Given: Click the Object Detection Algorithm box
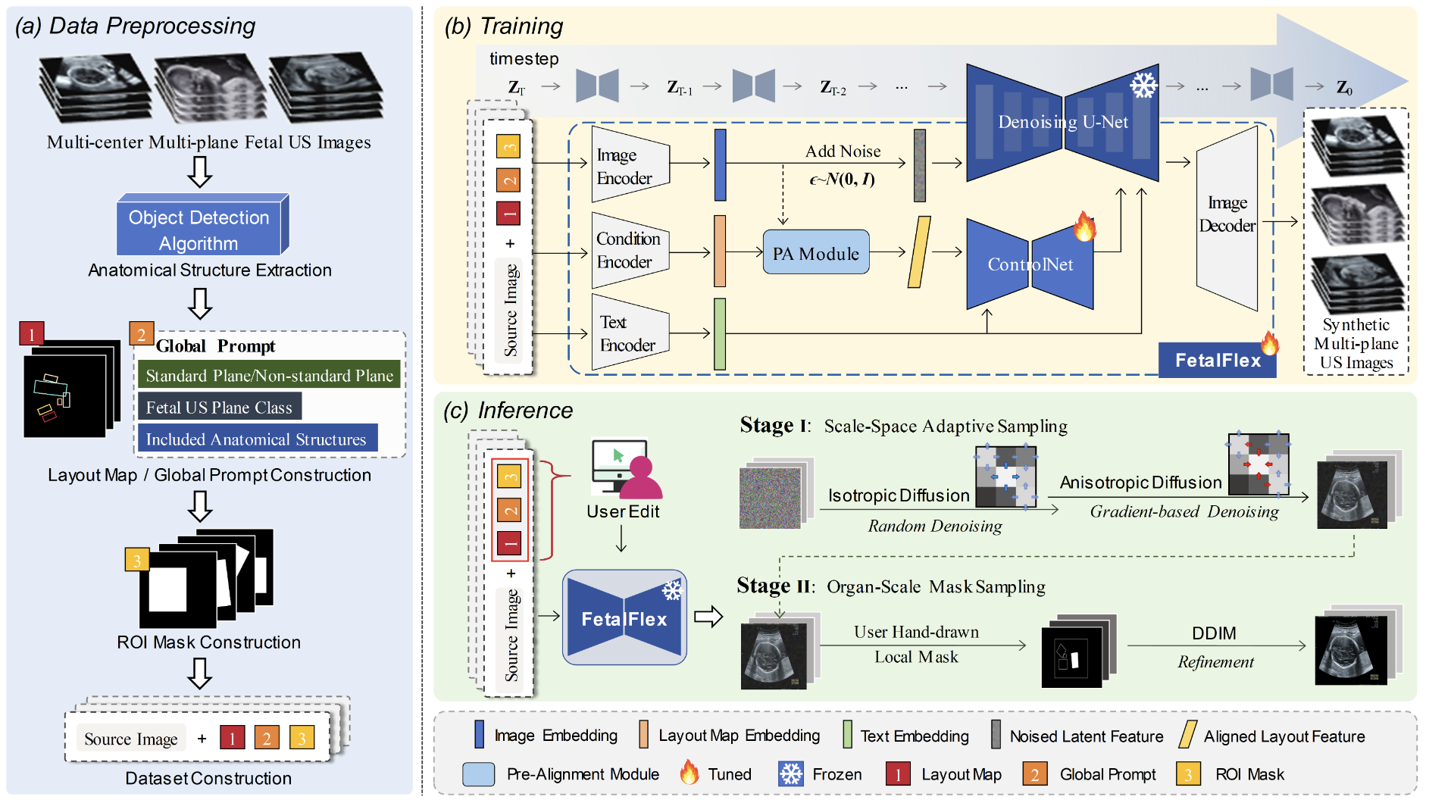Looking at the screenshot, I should pyautogui.click(x=199, y=230).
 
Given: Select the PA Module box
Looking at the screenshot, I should pyautogui.click(x=815, y=253).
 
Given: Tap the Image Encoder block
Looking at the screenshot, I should pyautogui.click(x=629, y=166).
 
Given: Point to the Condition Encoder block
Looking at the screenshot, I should pyautogui.click(x=629, y=250).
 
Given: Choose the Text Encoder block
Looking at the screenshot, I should pyautogui.click(x=629, y=333).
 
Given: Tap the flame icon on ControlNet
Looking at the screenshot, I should pyautogui.click(x=1084, y=226).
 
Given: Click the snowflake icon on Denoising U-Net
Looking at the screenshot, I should pyautogui.click(x=1143, y=85).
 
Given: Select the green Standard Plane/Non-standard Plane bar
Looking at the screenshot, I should pyautogui.click(x=269, y=376).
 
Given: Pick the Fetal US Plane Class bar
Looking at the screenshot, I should pyautogui.click(x=219, y=408).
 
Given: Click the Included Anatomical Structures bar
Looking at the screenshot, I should pyautogui.click(x=256, y=439).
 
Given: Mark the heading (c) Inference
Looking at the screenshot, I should pyautogui.click(x=508, y=411).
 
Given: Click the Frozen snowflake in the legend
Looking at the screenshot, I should pyautogui.click(x=791, y=773).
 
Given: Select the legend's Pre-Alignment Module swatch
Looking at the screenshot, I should pyautogui.click(x=478, y=773).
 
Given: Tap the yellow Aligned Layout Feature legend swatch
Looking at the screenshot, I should pyautogui.click(x=1187, y=735).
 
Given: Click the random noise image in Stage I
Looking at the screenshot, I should pyautogui.click(x=770, y=497).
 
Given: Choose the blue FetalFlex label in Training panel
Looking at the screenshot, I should pyautogui.click(x=1217, y=361).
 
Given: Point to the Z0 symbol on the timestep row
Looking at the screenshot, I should pyautogui.click(x=1344, y=88).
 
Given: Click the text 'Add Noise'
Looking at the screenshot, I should pyautogui.click(x=843, y=152).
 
